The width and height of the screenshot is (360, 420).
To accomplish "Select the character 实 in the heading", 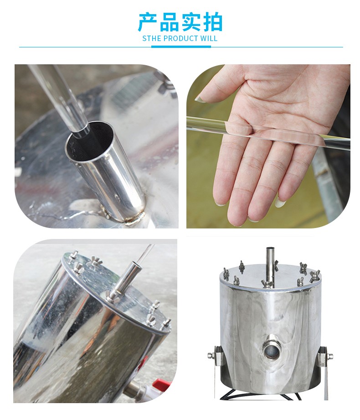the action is pyautogui.click(x=191, y=22).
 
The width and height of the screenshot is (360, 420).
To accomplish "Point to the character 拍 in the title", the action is pyautogui.click(x=213, y=22).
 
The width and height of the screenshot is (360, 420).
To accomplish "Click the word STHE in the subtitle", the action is pyautogui.click(x=151, y=39).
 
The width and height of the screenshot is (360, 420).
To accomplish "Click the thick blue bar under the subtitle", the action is pyautogui.click(x=181, y=47).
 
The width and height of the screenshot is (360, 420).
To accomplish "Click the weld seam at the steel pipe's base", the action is pyautogui.click(x=134, y=218).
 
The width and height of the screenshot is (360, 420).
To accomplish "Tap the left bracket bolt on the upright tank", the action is pyautogui.click(x=211, y=356).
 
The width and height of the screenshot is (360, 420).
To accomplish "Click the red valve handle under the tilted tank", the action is pyautogui.click(x=162, y=384).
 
